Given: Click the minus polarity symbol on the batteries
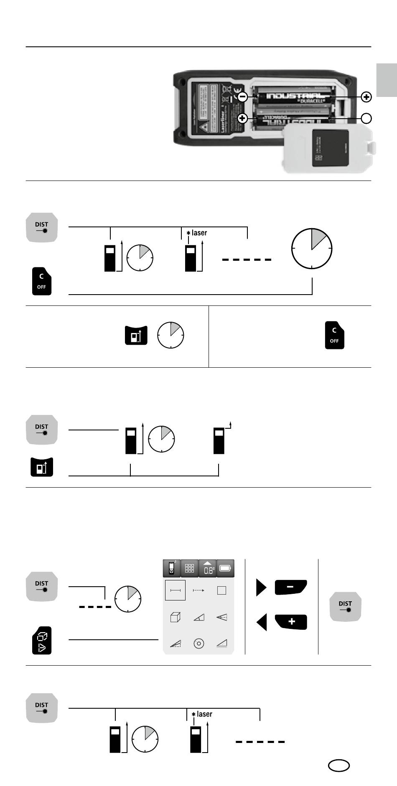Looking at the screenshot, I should [242, 97].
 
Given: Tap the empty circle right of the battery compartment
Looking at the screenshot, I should [366, 118].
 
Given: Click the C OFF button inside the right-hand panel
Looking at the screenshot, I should [334, 335].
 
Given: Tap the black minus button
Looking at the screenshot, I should [291, 587].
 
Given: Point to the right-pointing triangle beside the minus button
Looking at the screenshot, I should [261, 588].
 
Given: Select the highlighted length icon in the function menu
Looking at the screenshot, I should [175, 590].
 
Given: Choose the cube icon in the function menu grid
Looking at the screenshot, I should [176, 617].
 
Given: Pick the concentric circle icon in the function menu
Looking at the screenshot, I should [199, 644].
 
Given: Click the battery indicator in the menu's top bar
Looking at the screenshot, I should [225, 569].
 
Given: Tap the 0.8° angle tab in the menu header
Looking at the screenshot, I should [208, 569].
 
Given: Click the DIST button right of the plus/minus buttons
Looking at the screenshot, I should [345, 606].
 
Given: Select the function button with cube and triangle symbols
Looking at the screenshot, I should [42, 640].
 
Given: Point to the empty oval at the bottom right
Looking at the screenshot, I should [338, 765].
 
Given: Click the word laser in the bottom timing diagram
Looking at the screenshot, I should [204, 714].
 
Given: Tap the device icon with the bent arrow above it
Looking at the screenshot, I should [219, 440].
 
